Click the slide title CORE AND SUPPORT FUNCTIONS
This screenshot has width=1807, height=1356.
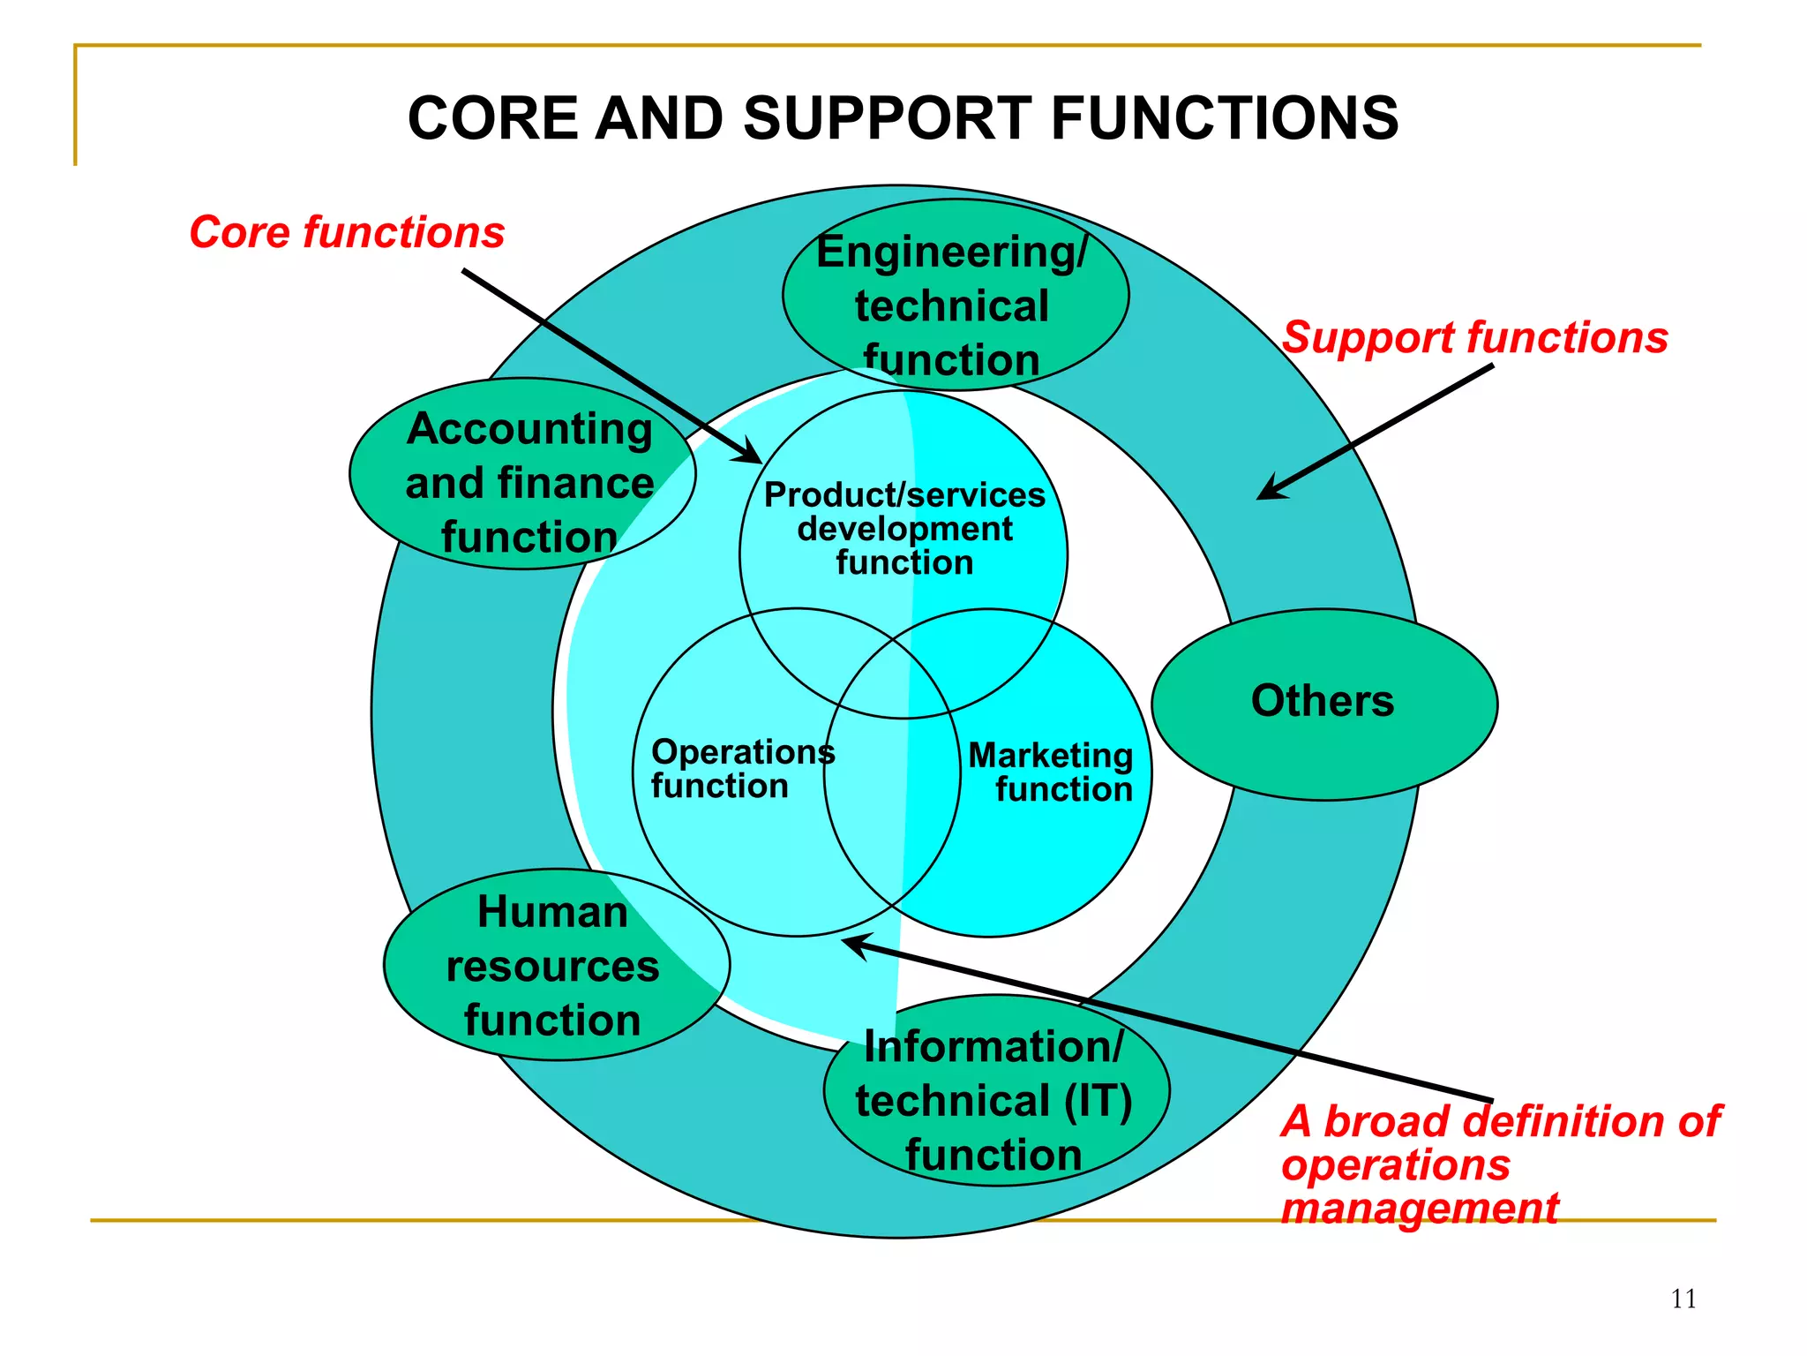pyautogui.click(x=903, y=118)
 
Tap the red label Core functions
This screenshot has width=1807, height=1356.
pyautogui.click(x=347, y=232)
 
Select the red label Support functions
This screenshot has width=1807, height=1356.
pyautogui.click(x=1474, y=337)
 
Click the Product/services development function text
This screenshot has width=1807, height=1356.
pyautogui.click(x=904, y=529)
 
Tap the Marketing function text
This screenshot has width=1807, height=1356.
pyautogui.click(x=1052, y=772)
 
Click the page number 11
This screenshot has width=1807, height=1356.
pyautogui.click(x=1683, y=1299)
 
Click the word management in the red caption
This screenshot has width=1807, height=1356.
pyautogui.click(x=1419, y=1208)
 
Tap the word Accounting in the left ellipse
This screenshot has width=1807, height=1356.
pyautogui.click(x=529, y=429)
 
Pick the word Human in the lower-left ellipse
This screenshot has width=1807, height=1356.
pyautogui.click(x=552, y=912)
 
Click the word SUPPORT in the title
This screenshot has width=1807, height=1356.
pyautogui.click(x=887, y=118)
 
